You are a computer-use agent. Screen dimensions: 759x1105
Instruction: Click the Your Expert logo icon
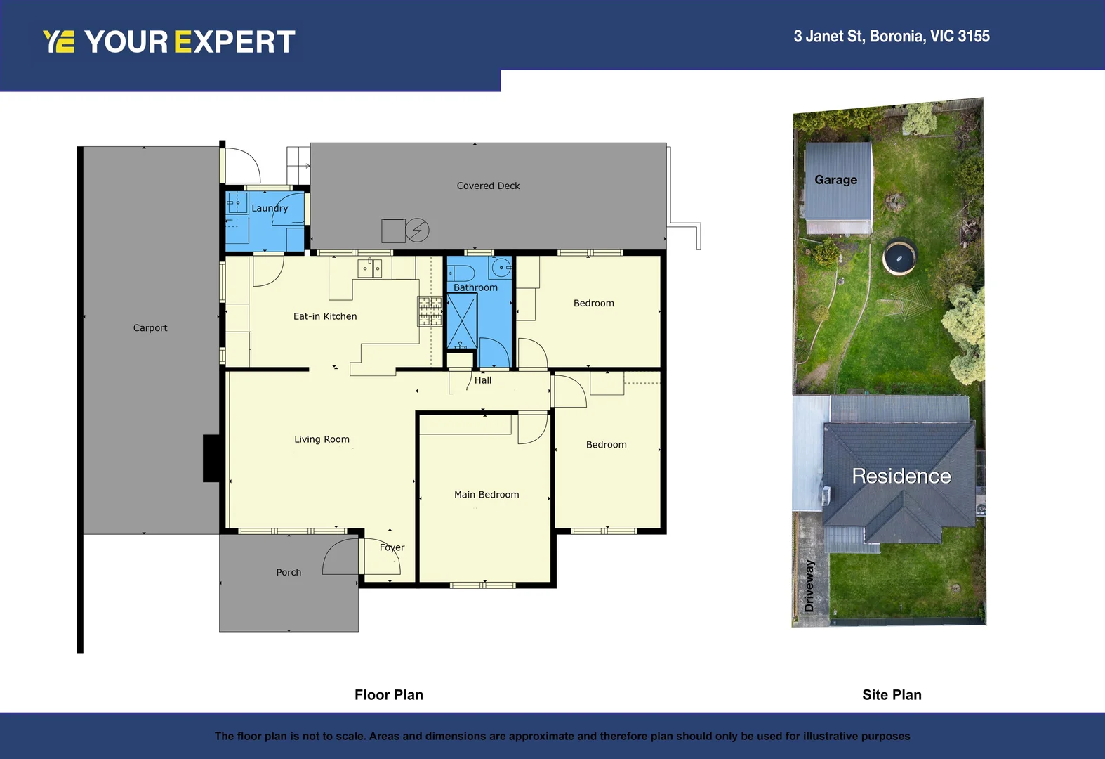(x=58, y=41)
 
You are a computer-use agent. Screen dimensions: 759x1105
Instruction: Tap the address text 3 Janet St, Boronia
(x=891, y=37)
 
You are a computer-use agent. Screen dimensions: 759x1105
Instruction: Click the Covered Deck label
(x=488, y=186)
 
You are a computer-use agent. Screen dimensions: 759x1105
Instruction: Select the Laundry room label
(x=270, y=208)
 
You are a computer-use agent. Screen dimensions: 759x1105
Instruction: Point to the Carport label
(x=150, y=328)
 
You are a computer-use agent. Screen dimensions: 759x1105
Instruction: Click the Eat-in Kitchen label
(x=325, y=317)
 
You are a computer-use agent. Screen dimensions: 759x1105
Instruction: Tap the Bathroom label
(x=475, y=287)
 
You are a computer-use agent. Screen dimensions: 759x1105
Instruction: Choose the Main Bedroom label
(x=487, y=495)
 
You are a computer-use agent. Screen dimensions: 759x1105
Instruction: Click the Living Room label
(x=322, y=439)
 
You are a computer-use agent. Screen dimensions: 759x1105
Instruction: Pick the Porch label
(x=289, y=573)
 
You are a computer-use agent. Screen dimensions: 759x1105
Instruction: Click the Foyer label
(x=392, y=547)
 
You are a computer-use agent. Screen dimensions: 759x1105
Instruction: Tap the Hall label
(x=483, y=380)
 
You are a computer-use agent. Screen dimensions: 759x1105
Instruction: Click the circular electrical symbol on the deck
(x=417, y=230)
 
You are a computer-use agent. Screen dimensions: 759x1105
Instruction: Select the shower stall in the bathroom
(x=462, y=321)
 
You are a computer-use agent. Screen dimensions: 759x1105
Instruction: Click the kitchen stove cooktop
(x=430, y=311)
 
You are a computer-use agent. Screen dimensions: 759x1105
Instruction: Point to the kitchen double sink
(x=370, y=268)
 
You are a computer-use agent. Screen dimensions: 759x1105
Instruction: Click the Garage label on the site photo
(x=835, y=180)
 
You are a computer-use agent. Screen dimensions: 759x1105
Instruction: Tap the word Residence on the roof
(x=901, y=476)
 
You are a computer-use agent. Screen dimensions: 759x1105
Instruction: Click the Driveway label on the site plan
(x=809, y=585)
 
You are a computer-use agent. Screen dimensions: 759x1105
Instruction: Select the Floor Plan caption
(x=389, y=695)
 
